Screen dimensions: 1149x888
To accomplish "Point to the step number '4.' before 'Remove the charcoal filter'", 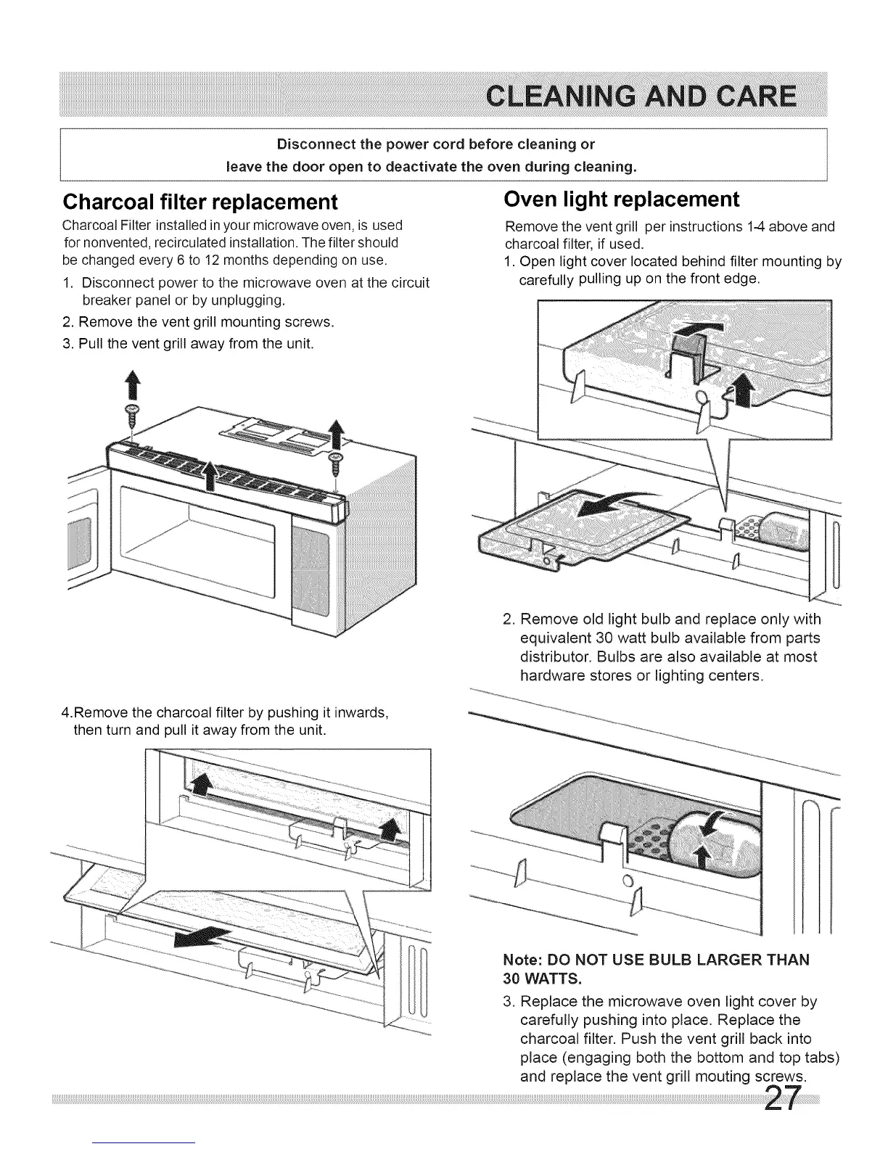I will pyautogui.click(x=67, y=711).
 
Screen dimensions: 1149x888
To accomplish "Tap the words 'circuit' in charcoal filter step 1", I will pyautogui.click(x=409, y=281).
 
